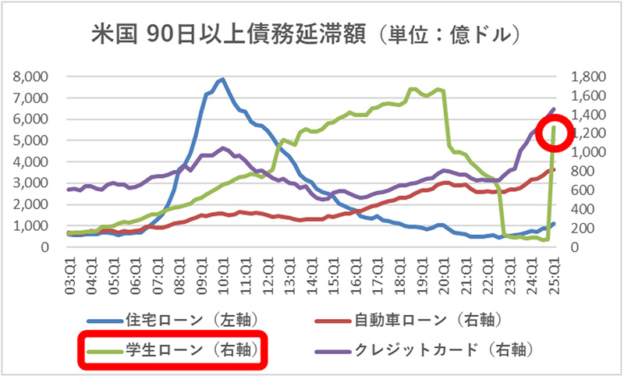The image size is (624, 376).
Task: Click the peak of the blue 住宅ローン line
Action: (223, 79)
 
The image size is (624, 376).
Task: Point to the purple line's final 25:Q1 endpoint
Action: (555, 109)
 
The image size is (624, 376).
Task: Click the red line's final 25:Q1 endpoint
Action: (555, 169)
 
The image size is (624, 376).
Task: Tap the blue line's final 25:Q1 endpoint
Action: (555, 224)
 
